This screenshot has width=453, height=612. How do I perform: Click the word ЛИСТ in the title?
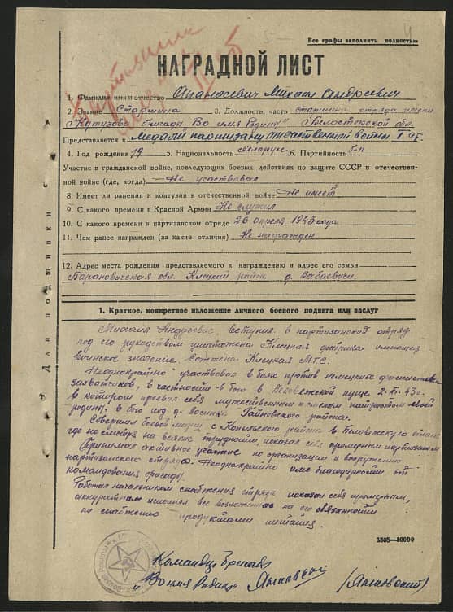point(298,64)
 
